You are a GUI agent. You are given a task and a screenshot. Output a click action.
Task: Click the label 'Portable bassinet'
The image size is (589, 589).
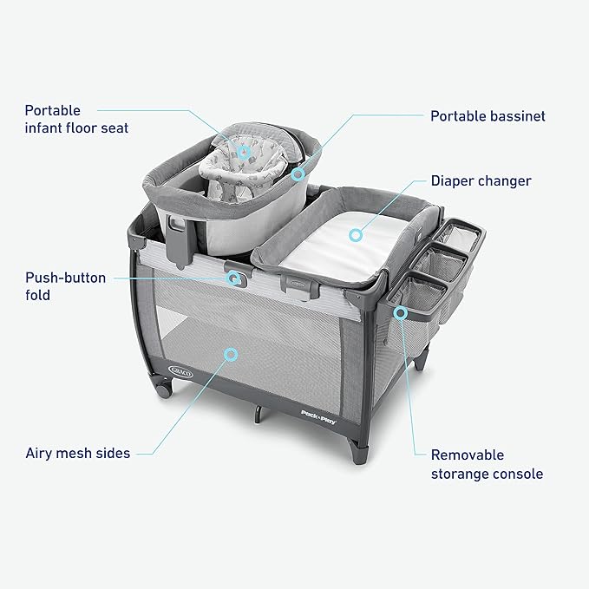(x=488, y=115)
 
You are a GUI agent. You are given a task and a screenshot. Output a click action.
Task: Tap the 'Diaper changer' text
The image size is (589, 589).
(x=481, y=181)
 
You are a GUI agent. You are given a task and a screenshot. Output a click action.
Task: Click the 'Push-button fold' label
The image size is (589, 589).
(x=65, y=286)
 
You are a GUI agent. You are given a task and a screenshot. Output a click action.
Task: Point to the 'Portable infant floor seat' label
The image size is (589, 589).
(x=76, y=120)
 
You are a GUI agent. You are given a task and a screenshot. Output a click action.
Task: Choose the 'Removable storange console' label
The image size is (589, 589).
(x=487, y=464)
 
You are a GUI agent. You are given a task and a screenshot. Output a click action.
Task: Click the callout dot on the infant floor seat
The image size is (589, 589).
(x=245, y=153)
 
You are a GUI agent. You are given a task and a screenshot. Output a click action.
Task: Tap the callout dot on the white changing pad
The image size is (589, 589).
(x=355, y=233)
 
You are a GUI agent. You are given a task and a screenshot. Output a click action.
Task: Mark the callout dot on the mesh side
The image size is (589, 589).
(x=230, y=354)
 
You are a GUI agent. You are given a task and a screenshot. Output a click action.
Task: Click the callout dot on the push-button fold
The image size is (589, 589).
(x=234, y=278)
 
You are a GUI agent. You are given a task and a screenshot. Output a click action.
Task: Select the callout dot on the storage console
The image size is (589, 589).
(x=400, y=311)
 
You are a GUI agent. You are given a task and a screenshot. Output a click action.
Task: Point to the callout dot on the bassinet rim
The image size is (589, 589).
(x=298, y=174)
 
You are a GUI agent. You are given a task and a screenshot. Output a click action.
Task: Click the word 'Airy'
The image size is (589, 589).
(x=39, y=452)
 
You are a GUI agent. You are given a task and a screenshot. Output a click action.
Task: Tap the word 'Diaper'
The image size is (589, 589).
(x=453, y=181)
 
